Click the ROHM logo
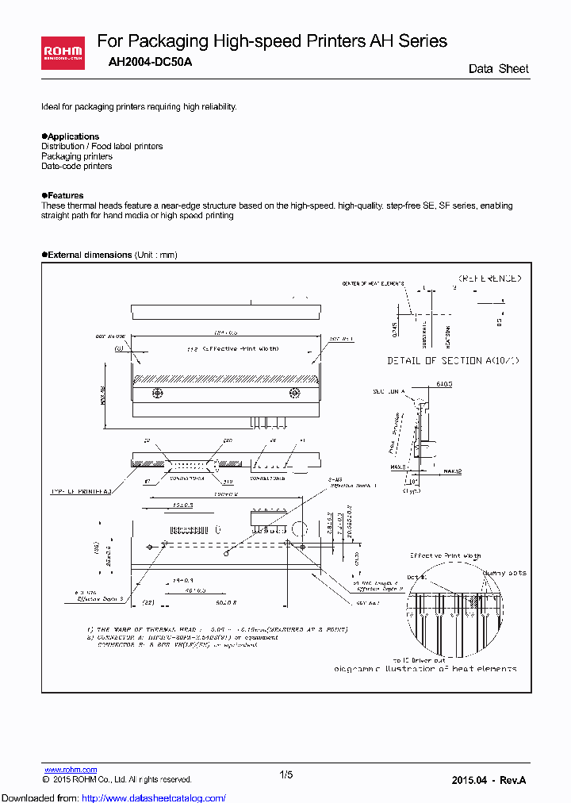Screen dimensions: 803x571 pos(63,53)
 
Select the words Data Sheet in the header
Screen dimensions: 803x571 pos(498,69)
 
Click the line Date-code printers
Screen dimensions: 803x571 pos(77,166)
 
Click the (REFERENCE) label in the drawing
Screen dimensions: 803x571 pos(489,279)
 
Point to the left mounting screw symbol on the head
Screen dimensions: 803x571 pos(157,393)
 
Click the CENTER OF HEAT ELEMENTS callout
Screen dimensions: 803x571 pos(373,283)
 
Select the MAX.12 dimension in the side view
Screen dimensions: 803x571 pos(453,471)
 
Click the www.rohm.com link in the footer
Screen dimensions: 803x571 pos(71,770)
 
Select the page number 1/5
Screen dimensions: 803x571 pos(286,775)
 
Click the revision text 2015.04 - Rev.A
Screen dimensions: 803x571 pos(489,781)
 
